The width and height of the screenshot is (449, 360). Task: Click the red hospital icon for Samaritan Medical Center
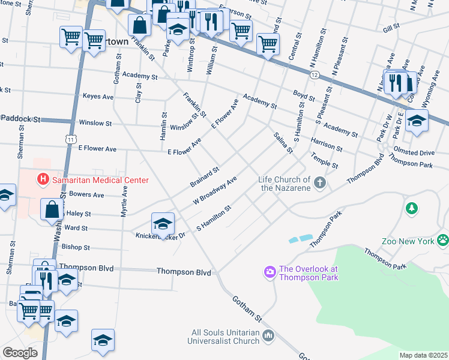pos(43,179)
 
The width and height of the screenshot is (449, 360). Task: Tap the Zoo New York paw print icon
pos(443,241)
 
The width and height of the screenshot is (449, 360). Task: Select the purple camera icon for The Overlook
pos(270,273)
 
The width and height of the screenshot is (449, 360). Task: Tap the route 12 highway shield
pos(315,74)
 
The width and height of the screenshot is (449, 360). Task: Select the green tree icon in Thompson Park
pos(411,208)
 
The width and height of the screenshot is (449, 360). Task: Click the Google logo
pos(20,352)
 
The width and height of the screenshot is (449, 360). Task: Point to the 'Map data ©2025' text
pos(423,355)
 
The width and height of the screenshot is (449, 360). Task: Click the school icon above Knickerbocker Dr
pos(162,223)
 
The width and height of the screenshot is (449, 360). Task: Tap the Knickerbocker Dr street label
pos(161,236)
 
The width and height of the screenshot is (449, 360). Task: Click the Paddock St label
pos(20,119)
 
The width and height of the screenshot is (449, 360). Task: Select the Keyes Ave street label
pos(98,96)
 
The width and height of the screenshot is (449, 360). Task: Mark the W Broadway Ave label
pos(215,190)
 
